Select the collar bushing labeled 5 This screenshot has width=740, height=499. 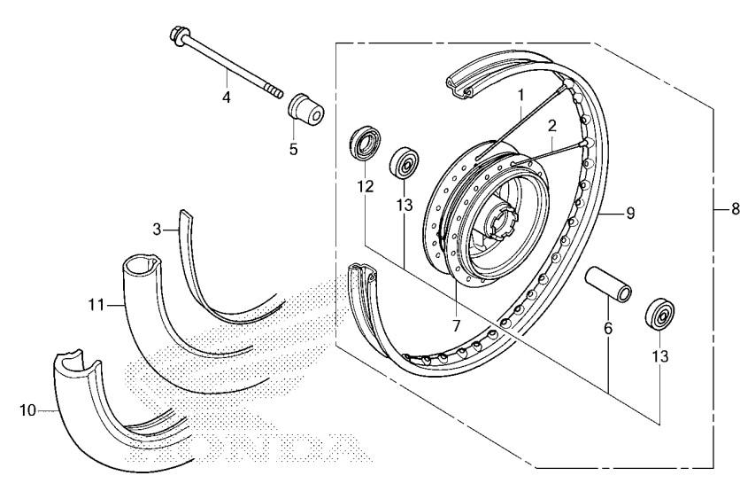[x=305, y=110]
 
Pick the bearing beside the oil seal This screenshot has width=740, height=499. [x=404, y=162]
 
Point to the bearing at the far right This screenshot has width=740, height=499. [x=659, y=314]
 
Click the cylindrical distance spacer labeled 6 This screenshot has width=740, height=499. [x=609, y=285]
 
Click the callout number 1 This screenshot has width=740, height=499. [x=520, y=96]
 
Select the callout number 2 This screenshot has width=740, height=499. [x=552, y=126]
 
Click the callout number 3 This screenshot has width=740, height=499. [x=158, y=230]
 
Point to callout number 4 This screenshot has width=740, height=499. [x=227, y=97]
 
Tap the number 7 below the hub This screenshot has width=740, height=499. [x=456, y=325]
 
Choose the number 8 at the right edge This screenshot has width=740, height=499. [x=735, y=208]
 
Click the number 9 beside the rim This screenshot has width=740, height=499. [x=630, y=214]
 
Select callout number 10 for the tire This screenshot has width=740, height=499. [x=27, y=410]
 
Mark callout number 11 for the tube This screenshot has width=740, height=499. [x=96, y=305]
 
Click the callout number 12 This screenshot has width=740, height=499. [x=366, y=187]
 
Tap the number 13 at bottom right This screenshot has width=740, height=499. [x=660, y=355]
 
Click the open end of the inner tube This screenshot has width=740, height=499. [x=141, y=263]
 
